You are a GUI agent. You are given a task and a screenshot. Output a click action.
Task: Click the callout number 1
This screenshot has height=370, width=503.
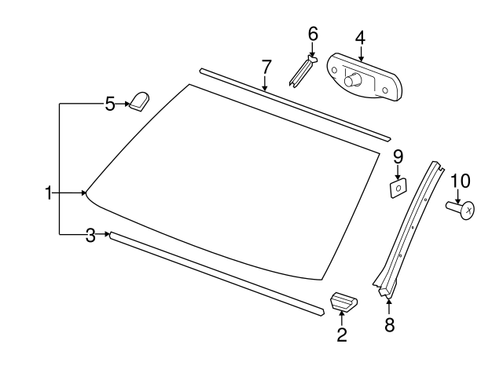click(49, 192)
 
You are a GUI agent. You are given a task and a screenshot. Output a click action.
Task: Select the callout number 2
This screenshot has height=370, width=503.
click(342, 335)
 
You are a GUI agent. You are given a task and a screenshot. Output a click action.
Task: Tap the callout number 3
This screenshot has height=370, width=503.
click(91, 234)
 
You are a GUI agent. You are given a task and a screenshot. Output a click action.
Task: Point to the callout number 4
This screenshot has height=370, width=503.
click(360, 37)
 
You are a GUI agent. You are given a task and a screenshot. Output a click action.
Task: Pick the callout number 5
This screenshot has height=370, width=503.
click(110, 103)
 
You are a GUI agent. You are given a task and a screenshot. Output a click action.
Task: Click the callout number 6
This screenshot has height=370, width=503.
click(313, 34)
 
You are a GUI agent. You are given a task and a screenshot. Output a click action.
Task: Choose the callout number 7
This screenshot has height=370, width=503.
click(266, 65)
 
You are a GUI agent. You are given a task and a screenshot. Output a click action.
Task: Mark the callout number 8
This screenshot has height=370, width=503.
click(389, 324)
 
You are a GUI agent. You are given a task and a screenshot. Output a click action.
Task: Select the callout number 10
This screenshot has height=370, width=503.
click(460, 181)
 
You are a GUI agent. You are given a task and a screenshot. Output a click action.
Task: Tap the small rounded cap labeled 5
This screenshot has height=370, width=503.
click(141, 101)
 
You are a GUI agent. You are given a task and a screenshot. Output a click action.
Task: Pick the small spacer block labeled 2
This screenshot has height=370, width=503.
click(343, 301)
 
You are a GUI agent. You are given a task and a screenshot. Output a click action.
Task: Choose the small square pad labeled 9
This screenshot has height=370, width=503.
click(398, 187)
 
